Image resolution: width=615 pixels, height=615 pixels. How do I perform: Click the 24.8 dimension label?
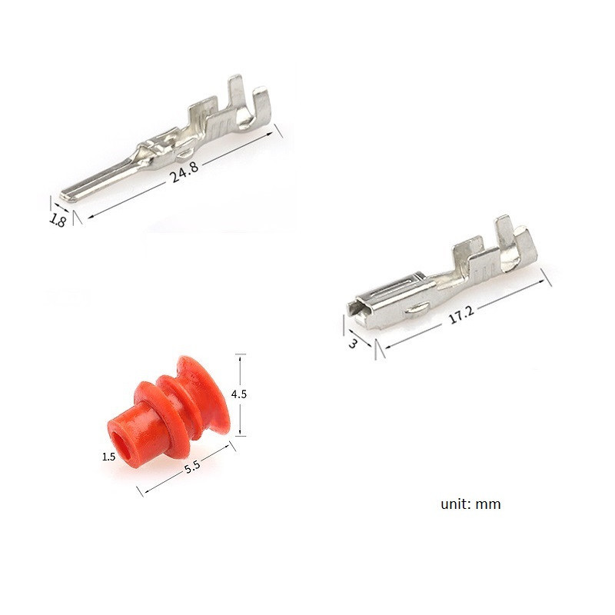(184, 171)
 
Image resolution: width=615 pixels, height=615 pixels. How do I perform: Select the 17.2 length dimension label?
(461, 314)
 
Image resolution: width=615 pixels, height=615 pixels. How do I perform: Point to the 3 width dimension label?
(353, 343)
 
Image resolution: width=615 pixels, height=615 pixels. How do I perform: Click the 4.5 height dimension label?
(238, 394)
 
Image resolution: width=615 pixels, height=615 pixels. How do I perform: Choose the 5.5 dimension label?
(192, 467)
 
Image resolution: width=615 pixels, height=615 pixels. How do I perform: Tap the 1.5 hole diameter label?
(108, 457)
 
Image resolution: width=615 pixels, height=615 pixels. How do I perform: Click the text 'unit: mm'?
(470, 504)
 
